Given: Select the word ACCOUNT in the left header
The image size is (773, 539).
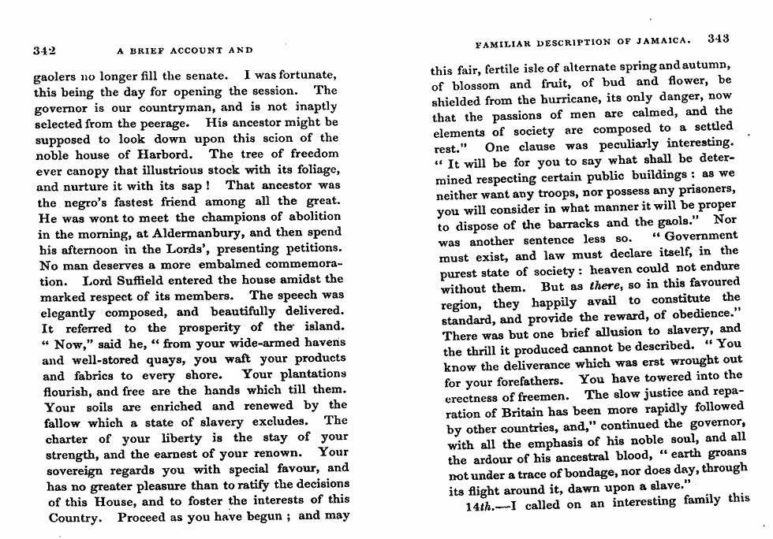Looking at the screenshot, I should click(x=185, y=50).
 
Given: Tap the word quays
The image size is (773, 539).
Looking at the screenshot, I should click(x=162, y=359).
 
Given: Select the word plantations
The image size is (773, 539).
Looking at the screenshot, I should click(x=304, y=374).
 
